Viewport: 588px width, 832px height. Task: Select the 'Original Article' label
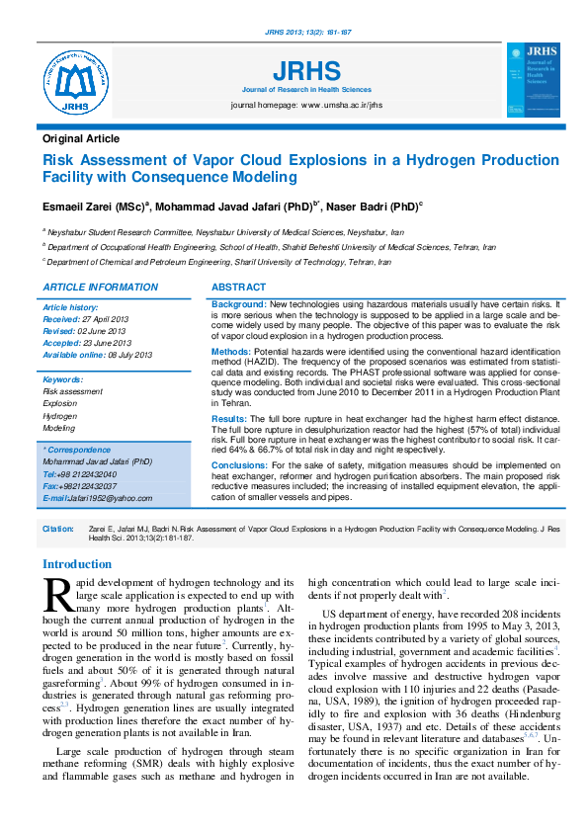[81, 139]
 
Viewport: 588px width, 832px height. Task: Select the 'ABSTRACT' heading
[239, 287]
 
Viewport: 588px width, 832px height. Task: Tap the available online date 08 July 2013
[130, 354]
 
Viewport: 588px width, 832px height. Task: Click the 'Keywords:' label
[63, 379]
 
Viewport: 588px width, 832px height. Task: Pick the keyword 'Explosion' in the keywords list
[60, 404]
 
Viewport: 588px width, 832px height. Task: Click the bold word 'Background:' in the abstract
[239, 305]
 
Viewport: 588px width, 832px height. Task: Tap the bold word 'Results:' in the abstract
[229, 420]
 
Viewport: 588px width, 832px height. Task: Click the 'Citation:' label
[58, 530]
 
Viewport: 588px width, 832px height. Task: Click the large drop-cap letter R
[57, 594]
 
